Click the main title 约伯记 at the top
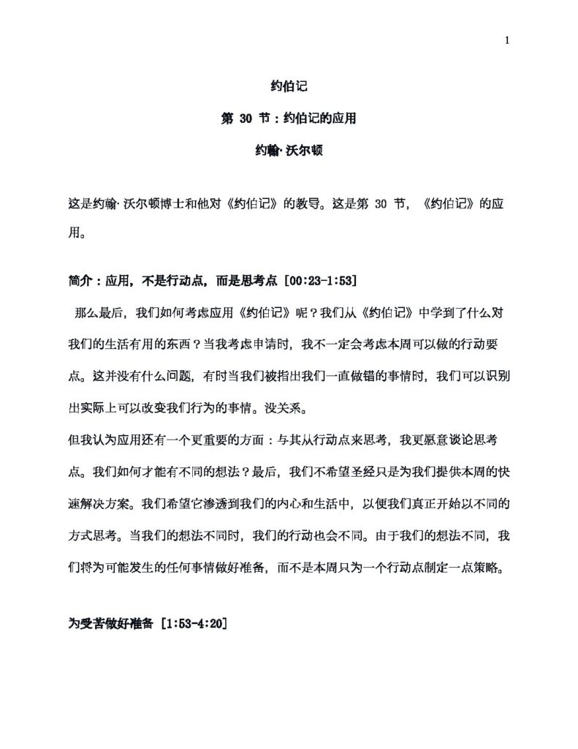(289, 86)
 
